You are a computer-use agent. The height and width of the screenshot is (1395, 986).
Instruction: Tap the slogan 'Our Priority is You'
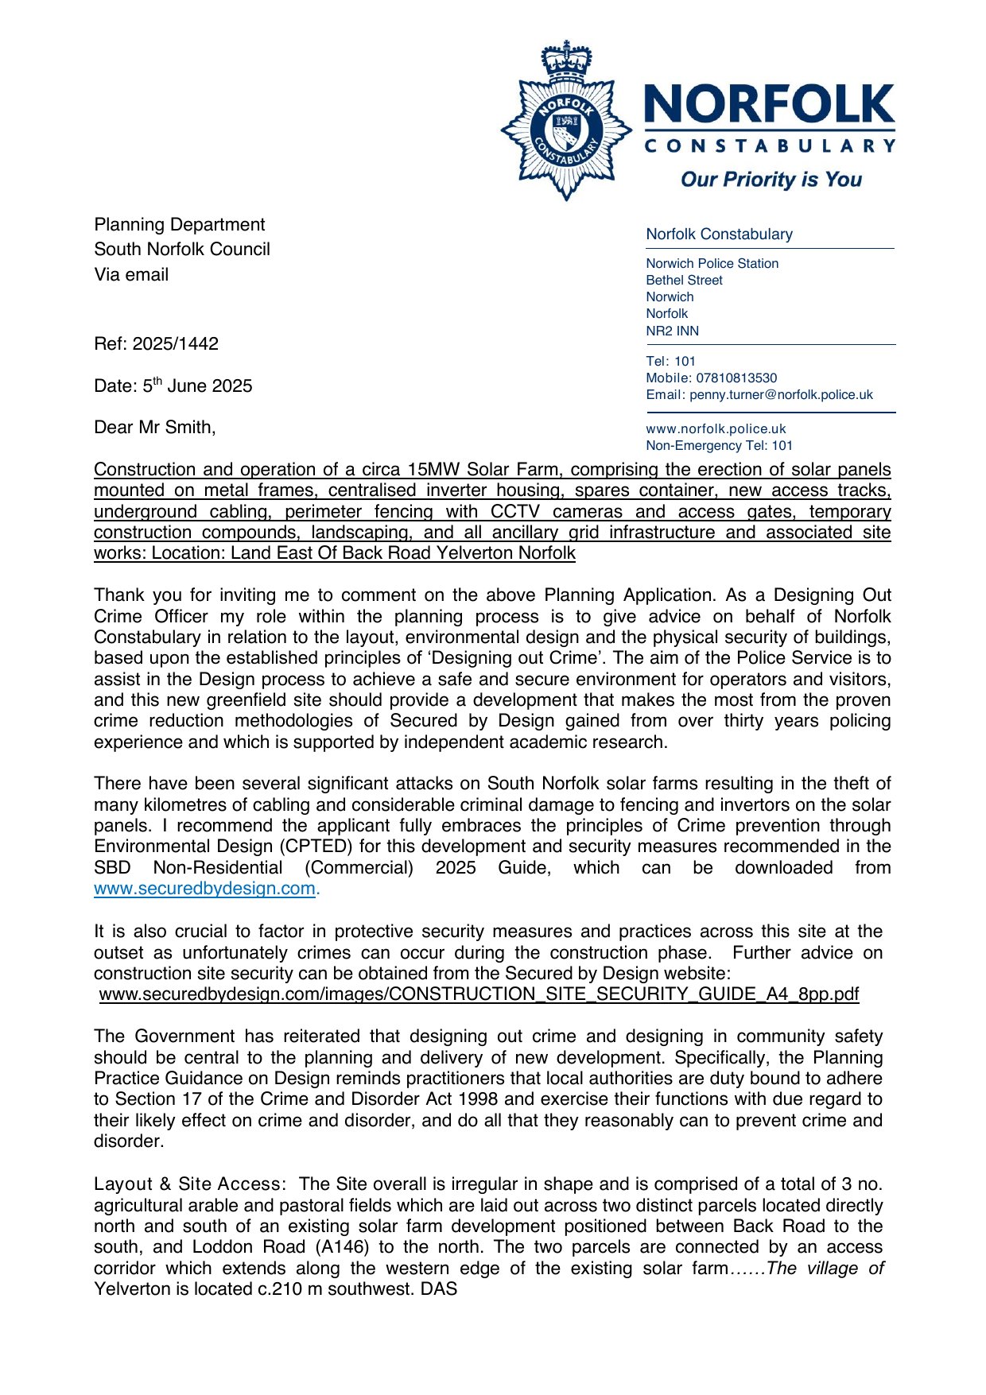[x=771, y=180]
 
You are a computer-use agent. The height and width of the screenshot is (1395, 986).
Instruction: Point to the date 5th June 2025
[x=197, y=386]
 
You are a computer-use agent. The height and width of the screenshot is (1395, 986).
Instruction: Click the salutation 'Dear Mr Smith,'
[x=155, y=428]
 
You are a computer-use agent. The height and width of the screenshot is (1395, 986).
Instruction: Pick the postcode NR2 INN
[x=672, y=331]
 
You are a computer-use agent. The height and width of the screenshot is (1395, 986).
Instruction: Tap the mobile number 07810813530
[x=736, y=378]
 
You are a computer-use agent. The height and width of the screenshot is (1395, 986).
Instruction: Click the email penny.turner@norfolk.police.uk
[x=781, y=395]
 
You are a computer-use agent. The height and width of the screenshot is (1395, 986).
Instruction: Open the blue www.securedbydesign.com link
[x=204, y=889]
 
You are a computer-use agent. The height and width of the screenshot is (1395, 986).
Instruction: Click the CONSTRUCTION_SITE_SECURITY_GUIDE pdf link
[x=479, y=994]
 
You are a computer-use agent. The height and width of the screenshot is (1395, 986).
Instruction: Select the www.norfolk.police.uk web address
[x=716, y=429]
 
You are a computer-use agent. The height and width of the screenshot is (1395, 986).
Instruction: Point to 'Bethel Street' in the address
[x=684, y=281]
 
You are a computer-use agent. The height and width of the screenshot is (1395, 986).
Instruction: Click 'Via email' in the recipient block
[x=131, y=275]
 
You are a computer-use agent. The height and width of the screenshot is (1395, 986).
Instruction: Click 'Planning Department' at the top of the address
[x=179, y=225]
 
